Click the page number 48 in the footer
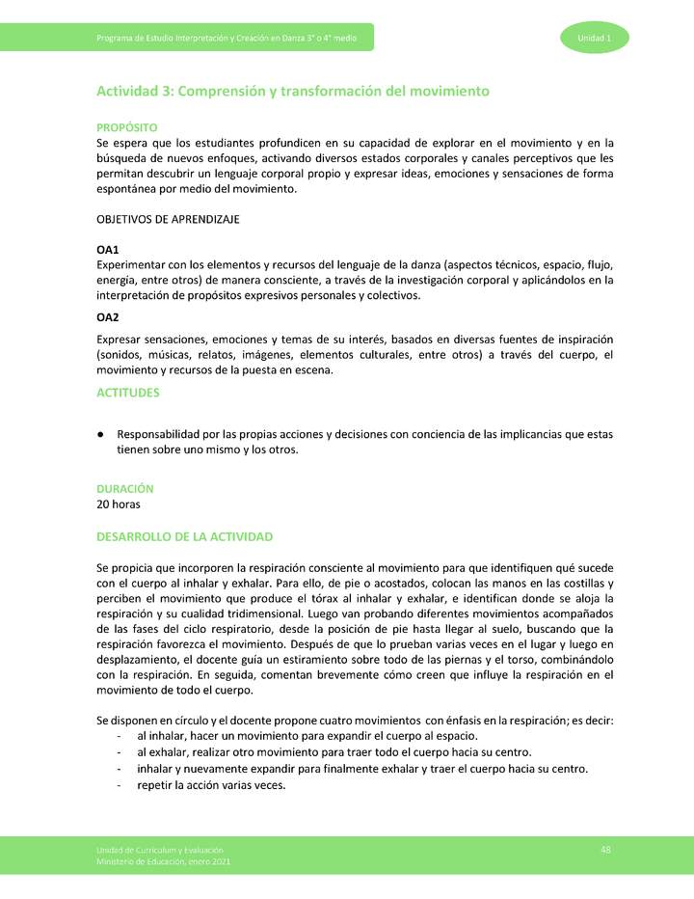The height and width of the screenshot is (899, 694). click(605, 849)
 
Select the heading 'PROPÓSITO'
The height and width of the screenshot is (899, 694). click(126, 127)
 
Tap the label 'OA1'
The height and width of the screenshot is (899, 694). click(107, 250)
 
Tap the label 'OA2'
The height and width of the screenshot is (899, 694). click(107, 317)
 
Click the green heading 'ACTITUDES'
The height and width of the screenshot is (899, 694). click(127, 393)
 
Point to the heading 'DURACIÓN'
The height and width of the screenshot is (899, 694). click(124, 489)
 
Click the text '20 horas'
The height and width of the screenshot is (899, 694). click(120, 504)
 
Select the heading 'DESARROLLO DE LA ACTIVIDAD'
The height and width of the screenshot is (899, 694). click(184, 536)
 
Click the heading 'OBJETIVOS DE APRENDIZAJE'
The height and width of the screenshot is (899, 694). click(168, 219)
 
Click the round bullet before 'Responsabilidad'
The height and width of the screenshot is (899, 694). click(100, 435)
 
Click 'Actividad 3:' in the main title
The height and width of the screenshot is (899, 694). click(135, 91)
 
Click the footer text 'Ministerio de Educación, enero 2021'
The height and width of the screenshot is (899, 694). click(162, 860)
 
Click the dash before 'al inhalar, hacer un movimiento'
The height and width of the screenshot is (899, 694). click(118, 736)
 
